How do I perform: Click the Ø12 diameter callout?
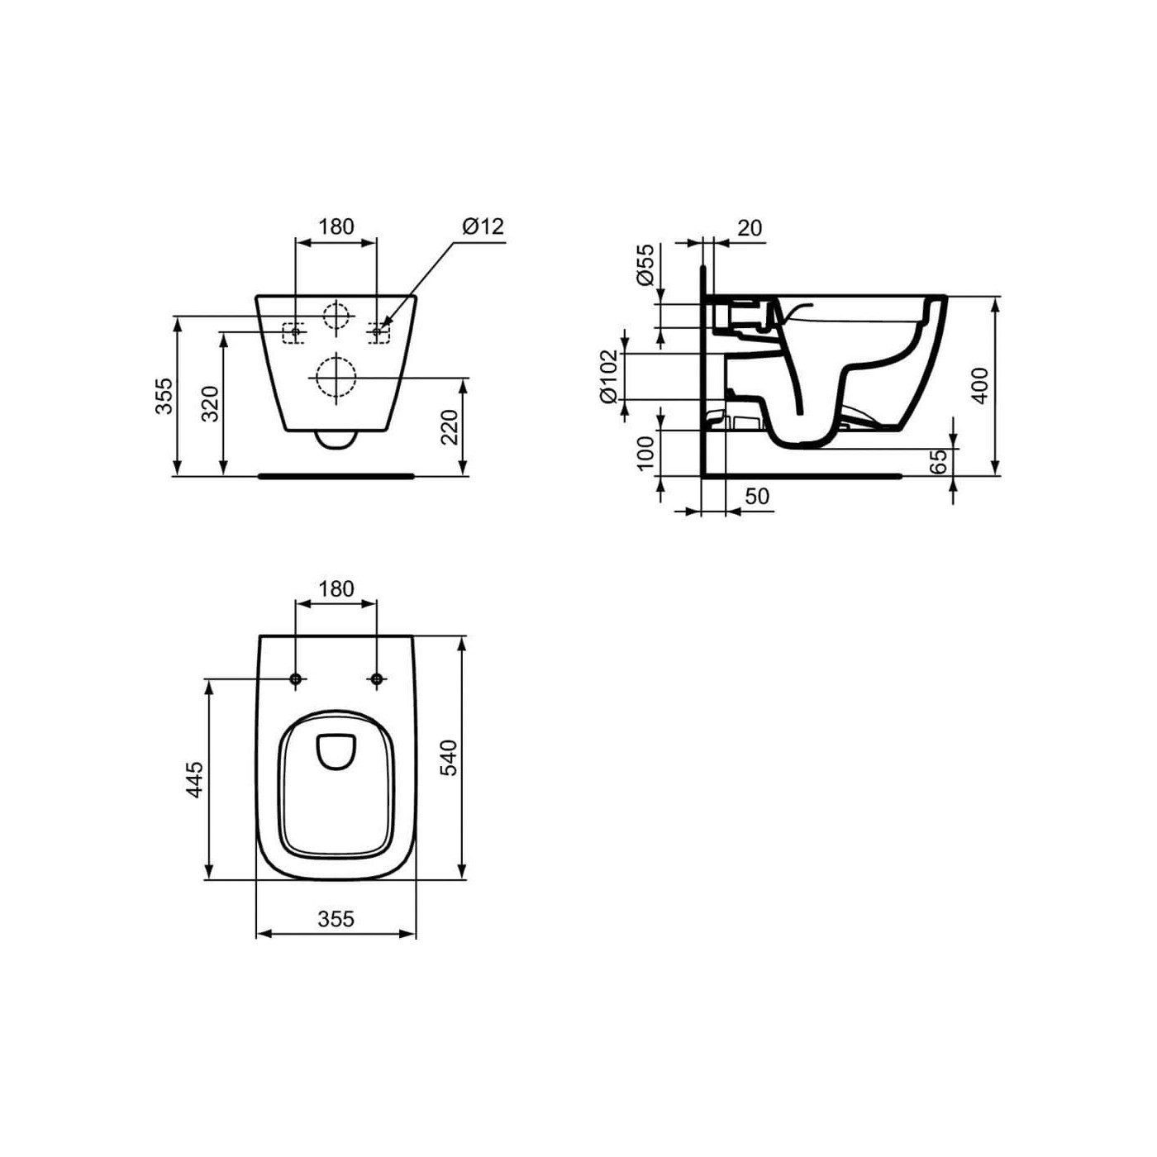coord(483,226)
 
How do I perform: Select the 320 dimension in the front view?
coord(211,403)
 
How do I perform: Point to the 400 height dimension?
coord(979,385)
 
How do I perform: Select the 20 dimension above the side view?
coord(749,228)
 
